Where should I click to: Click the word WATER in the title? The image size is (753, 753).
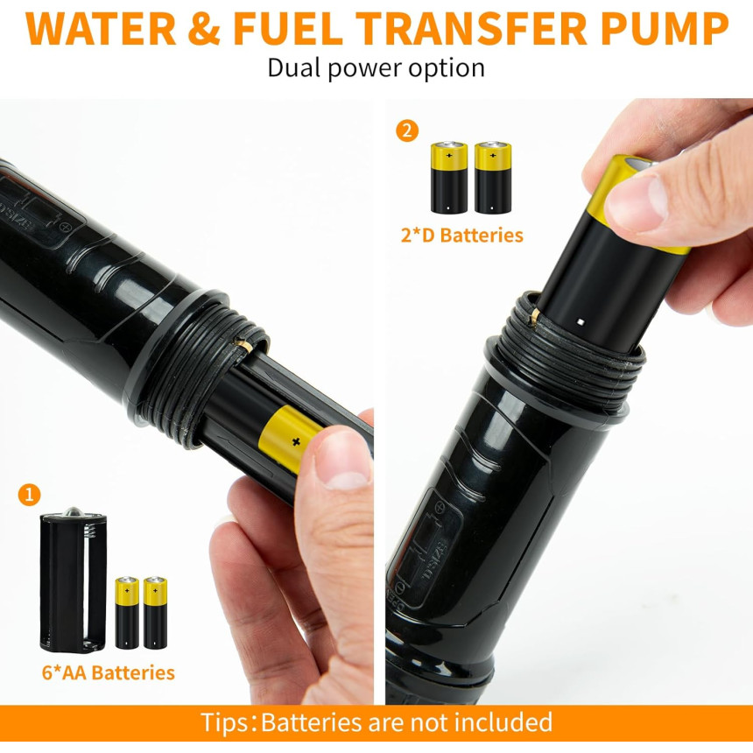[101, 28]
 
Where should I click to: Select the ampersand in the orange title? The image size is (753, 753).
[204, 28]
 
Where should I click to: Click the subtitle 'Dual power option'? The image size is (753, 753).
[376, 68]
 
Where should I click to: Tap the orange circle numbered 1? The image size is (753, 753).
[29, 494]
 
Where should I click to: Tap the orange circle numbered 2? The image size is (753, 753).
[407, 130]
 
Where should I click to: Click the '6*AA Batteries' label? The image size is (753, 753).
[108, 672]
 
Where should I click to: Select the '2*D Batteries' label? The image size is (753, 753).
[462, 236]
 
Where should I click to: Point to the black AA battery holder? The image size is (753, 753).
[74, 581]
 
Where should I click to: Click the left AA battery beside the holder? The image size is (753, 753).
[127, 613]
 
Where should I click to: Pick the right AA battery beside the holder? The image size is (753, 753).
[155, 613]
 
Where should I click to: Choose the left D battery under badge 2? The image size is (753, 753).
[449, 177]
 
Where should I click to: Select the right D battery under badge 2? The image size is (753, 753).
[493, 177]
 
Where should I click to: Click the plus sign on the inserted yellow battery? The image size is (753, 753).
[296, 441]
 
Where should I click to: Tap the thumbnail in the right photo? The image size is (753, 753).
[636, 201]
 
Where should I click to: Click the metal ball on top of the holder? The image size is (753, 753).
[74, 512]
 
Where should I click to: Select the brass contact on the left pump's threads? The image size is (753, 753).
[244, 345]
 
